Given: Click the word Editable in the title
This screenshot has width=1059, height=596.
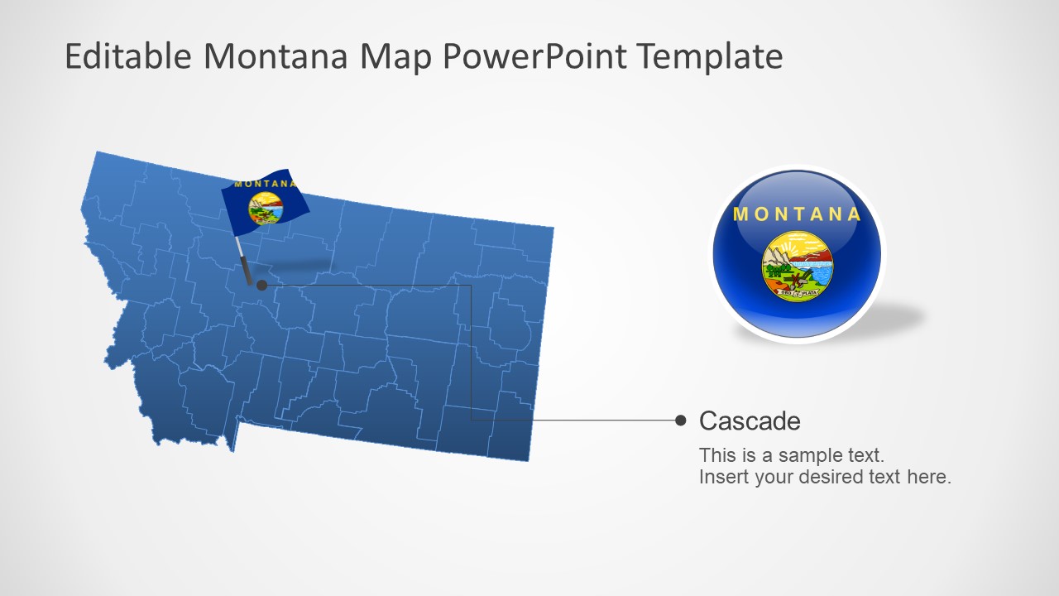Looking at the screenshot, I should [x=128, y=56].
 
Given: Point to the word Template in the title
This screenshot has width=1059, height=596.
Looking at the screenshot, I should [x=711, y=56].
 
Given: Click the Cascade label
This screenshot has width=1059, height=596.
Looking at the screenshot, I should [x=750, y=421].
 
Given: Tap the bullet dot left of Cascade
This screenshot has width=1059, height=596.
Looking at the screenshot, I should [x=681, y=421].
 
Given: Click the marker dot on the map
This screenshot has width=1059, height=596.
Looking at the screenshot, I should [x=262, y=285].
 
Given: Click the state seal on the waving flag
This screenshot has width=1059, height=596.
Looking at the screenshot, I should [x=266, y=209].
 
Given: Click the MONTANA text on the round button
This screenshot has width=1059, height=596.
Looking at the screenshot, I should [x=798, y=214].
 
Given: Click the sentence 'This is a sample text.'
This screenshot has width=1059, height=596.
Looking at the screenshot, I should [x=792, y=454].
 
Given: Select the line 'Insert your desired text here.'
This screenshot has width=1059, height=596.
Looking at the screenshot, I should [x=825, y=477].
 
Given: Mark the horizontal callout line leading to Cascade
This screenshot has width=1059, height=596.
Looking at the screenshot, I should [x=579, y=420].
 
